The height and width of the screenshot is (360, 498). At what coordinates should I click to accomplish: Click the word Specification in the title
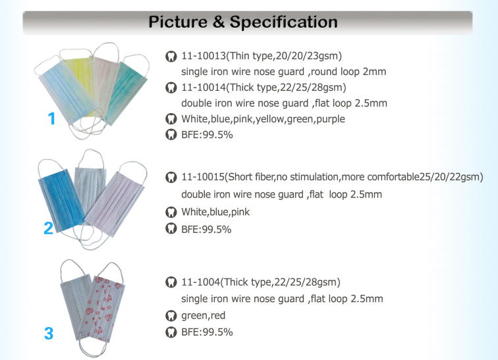(x=284, y=22)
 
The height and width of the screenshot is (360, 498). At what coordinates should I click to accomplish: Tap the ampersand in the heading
(x=218, y=22)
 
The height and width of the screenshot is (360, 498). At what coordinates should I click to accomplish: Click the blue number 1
(x=52, y=118)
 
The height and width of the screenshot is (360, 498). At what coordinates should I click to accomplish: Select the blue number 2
(x=48, y=228)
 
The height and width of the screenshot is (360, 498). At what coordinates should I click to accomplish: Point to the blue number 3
(x=49, y=334)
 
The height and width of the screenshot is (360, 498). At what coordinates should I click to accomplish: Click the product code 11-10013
(x=204, y=56)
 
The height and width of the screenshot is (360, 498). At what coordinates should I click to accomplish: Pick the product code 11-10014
(x=204, y=88)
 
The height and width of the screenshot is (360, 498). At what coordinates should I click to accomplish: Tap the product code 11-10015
(x=203, y=176)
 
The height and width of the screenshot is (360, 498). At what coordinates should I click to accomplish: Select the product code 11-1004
(x=201, y=282)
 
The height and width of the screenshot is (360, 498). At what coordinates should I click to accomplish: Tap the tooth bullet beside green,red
(x=171, y=316)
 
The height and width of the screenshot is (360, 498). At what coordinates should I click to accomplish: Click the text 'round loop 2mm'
(x=348, y=72)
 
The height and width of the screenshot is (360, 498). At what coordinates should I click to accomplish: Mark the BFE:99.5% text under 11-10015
(x=206, y=229)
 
